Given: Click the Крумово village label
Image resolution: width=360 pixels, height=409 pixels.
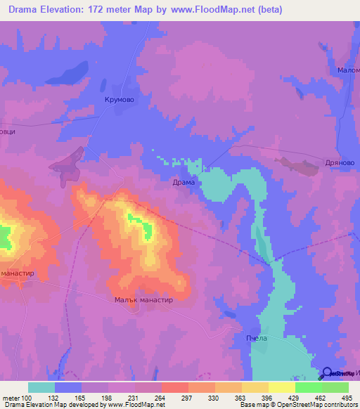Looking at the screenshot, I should pyautogui.click(x=119, y=100).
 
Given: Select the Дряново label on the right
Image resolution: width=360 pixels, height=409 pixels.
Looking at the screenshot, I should pyautogui.click(x=340, y=162).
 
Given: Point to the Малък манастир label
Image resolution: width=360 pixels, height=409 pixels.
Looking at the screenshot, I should pyautogui.click(x=143, y=299).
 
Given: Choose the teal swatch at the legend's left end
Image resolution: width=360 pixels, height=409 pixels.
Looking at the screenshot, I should pyautogui.click(x=41, y=387).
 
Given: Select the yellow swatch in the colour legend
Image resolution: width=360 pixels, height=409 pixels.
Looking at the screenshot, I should pyautogui.click(x=255, y=387).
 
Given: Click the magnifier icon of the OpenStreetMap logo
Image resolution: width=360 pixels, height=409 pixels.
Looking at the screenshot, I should pyautogui.click(x=327, y=373).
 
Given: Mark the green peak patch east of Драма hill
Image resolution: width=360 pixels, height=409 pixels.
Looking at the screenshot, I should pyautogui.click(x=148, y=230).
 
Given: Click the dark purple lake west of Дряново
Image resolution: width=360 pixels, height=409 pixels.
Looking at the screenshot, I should pyautogui.click(x=299, y=166).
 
